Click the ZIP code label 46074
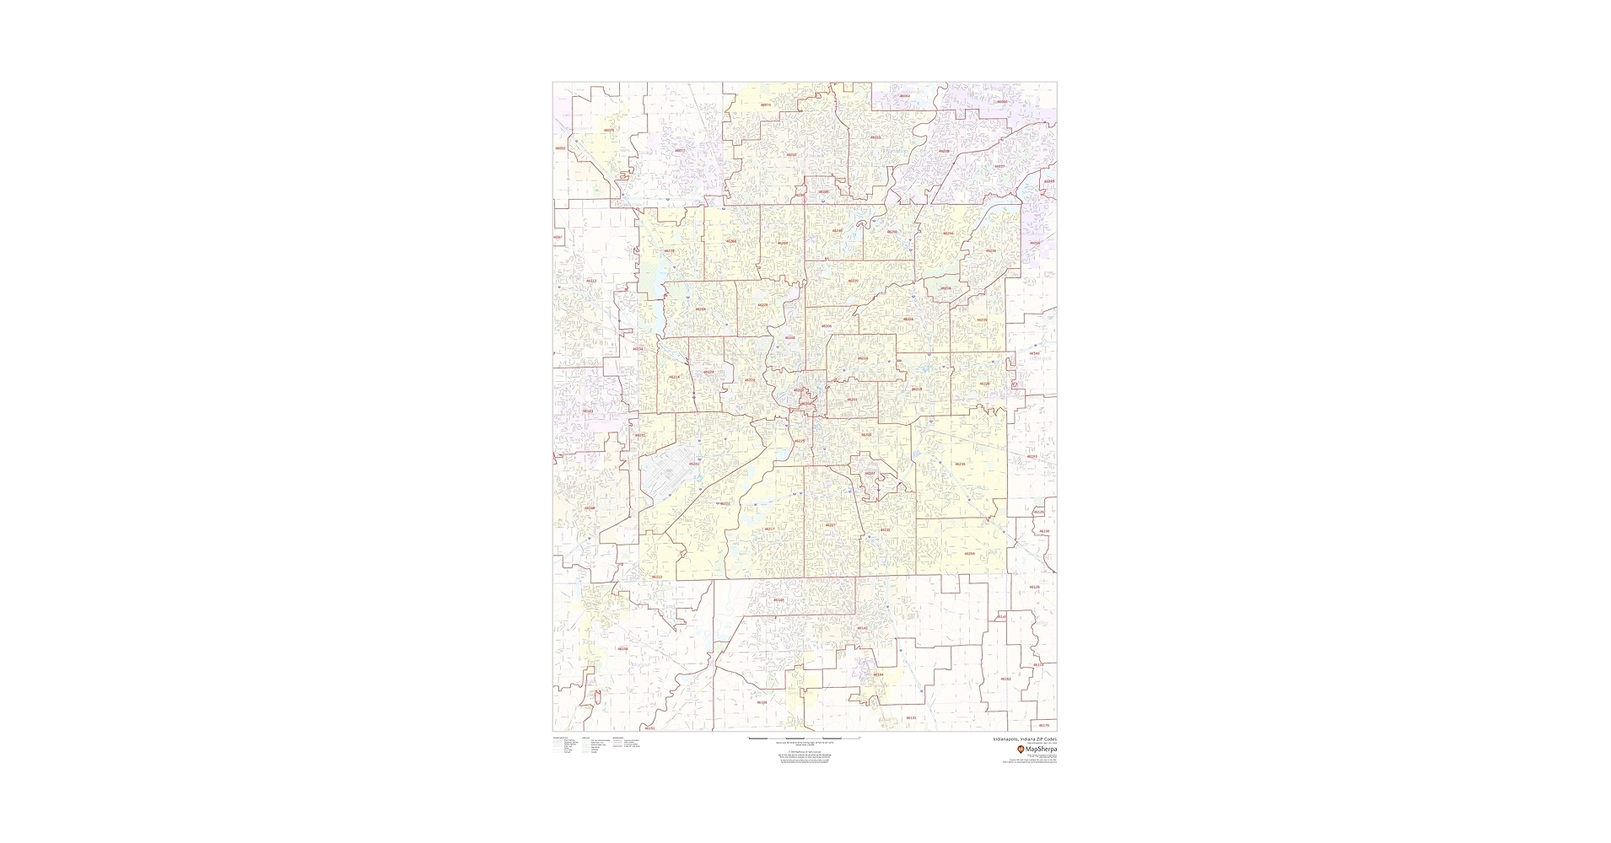coord(766,105)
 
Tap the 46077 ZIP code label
coord(680,150)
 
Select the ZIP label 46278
coord(669,250)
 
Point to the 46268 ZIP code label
coord(731,241)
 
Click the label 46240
coord(838,230)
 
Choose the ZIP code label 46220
coord(853,281)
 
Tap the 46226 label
coord(908,319)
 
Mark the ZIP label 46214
coord(674,377)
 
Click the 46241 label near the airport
coord(693,464)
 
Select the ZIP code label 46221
coord(725,503)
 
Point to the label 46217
coord(769,529)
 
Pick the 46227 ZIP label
coord(830,524)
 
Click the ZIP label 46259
coord(969,554)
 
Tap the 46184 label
coord(878,674)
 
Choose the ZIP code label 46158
coord(622,648)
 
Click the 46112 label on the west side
coord(590,281)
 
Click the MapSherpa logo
coord(1037,749)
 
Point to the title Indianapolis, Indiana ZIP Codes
coord(1025,738)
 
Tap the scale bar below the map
coord(804,738)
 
